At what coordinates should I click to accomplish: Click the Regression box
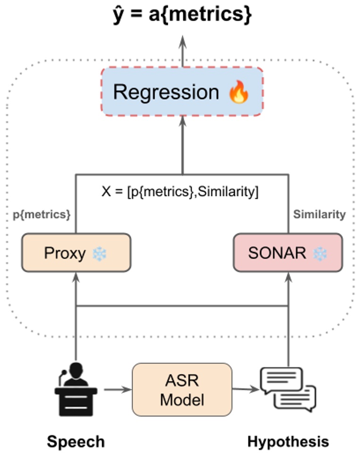point(181,92)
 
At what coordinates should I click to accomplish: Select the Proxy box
point(76,253)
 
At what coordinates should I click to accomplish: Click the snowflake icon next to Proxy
point(99,254)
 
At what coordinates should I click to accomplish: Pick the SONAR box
point(288,253)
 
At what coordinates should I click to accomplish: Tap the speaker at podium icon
point(76,387)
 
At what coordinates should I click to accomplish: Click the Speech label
point(76,442)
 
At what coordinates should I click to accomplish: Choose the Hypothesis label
point(288,442)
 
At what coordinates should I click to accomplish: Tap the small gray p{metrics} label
point(42,215)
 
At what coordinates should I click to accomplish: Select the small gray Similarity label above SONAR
point(319,215)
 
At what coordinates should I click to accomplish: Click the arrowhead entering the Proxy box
point(76,277)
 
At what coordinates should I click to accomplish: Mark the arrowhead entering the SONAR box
point(288,277)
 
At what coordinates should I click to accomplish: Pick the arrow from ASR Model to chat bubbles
point(246,389)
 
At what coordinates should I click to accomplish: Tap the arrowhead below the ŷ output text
point(182,42)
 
